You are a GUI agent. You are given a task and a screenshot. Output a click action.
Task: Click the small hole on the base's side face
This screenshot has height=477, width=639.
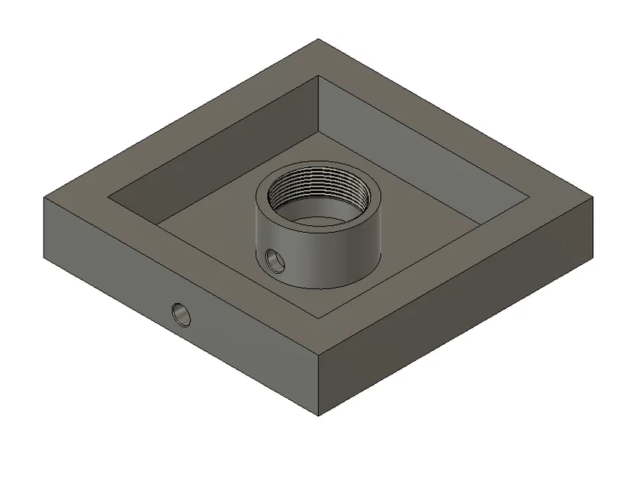tap(182, 313)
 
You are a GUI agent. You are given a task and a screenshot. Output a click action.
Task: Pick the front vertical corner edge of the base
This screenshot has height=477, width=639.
tap(318, 385)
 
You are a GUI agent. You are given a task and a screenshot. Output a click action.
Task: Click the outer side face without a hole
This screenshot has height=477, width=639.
tap(458, 321)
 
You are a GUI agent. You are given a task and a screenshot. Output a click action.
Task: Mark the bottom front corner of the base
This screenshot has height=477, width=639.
tap(318, 416)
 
